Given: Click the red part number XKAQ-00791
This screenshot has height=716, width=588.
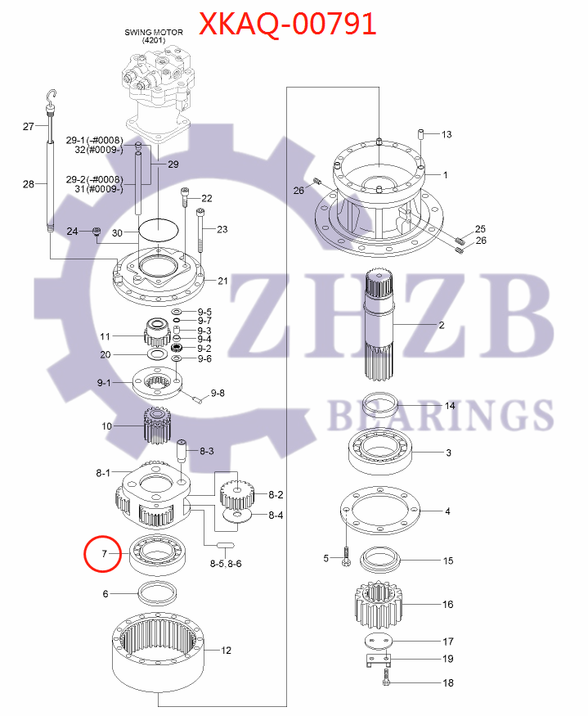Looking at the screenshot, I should pos(289,23).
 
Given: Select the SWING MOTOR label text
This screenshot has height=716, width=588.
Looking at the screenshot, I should pos(154,32).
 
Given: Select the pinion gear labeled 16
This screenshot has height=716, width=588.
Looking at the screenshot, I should pos(379,606).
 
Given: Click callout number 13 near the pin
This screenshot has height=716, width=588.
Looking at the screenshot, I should pos(447,133).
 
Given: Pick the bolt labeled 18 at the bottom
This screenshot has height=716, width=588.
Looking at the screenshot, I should pos(387,678).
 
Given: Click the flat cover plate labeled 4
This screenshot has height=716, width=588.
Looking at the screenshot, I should pos(379,513).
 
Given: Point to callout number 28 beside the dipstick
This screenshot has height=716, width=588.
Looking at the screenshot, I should pos(29,184).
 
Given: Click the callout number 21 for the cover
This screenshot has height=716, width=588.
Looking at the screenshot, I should pos(222,281).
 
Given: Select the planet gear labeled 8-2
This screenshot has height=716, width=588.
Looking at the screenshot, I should pos(235,493).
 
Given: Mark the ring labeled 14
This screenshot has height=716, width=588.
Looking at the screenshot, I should pos(380,405).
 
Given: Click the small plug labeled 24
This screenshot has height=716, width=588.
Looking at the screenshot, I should pos(97,233).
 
